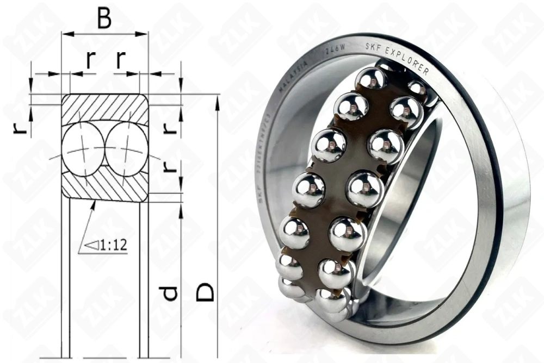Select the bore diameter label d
(x=170, y=293)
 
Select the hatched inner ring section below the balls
(x=104, y=187)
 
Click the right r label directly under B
(x=121, y=60)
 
